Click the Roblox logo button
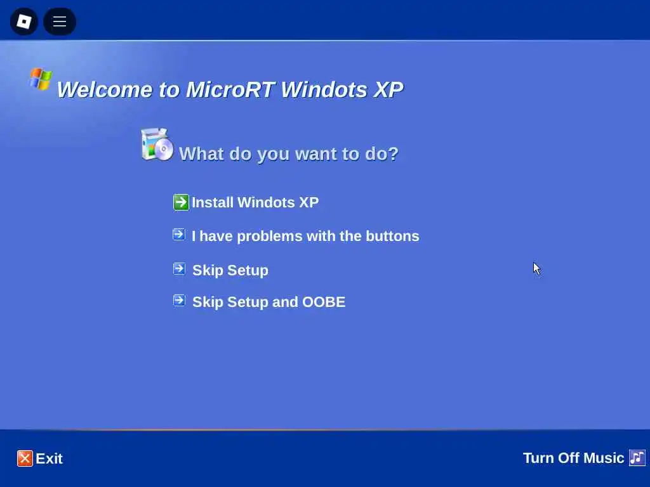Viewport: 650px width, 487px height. (x=24, y=21)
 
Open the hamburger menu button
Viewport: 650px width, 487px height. (x=60, y=21)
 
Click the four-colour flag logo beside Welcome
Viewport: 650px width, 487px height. (x=40, y=79)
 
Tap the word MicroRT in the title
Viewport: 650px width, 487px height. (x=230, y=89)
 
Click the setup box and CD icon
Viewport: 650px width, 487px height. (x=157, y=144)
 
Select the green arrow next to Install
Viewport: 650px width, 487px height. (x=181, y=202)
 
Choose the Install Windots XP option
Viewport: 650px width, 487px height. (x=255, y=202)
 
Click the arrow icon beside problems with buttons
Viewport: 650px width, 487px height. (x=179, y=235)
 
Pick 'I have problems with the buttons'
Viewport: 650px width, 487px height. (x=305, y=236)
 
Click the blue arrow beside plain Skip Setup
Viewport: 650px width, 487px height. (x=179, y=269)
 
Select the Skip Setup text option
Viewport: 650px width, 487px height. (x=230, y=270)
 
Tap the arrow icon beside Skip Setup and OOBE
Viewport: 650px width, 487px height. (x=179, y=300)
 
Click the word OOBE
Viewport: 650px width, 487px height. (x=324, y=302)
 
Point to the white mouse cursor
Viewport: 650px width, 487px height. (x=536, y=268)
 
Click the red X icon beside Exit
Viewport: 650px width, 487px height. (x=25, y=458)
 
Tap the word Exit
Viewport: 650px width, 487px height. (x=49, y=458)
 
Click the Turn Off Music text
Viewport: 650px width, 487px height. (x=573, y=458)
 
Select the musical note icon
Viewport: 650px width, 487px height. (x=637, y=458)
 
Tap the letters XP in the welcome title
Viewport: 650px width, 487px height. (x=388, y=89)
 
